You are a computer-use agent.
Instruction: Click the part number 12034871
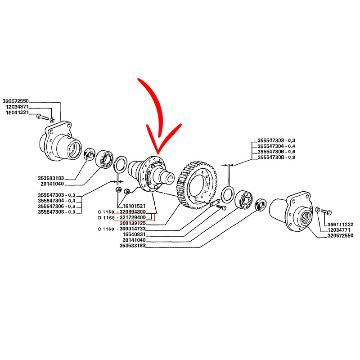(x=17, y=107)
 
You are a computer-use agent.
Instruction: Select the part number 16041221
(x=17, y=112)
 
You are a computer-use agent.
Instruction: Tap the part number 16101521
(x=134, y=206)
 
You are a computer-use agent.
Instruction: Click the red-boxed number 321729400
(x=133, y=217)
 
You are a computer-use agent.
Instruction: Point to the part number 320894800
(x=133, y=211)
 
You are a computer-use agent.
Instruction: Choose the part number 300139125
(x=133, y=223)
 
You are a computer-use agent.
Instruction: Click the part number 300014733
(x=133, y=229)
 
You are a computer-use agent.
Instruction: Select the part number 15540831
(x=134, y=234)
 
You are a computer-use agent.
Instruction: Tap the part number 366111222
(x=341, y=224)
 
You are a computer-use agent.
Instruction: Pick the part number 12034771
(x=339, y=230)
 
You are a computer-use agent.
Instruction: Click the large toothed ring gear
(x=198, y=185)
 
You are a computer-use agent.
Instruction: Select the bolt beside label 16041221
(x=42, y=117)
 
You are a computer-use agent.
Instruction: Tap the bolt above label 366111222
(x=326, y=211)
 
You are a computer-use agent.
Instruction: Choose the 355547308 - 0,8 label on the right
(x=276, y=157)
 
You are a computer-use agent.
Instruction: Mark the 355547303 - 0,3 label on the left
(x=57, y=195)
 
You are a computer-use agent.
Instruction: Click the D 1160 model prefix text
(x=106, y=217)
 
